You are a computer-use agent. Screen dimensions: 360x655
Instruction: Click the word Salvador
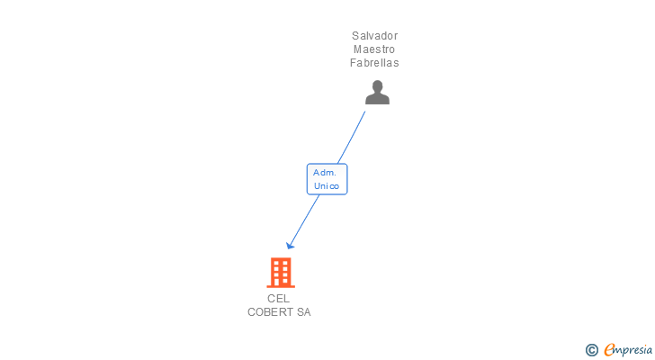click(374, 36)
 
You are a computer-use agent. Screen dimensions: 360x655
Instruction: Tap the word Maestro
click(374, 49)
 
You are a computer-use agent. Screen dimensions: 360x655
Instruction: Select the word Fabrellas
click(374, 63)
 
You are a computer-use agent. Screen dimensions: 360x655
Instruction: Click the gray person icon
click(377, 92)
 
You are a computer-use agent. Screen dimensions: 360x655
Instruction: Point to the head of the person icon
click(377, 86)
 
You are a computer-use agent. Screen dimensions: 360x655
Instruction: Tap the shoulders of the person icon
click(377, 99)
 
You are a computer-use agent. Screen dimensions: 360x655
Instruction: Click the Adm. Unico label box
click(327, 179)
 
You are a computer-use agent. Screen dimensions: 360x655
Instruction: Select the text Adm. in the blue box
click(325, 172)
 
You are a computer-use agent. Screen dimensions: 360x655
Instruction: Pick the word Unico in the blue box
click(327, 186)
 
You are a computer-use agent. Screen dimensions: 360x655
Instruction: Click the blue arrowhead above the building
click(290, 245)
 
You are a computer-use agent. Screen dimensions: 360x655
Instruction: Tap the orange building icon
click(281, 272)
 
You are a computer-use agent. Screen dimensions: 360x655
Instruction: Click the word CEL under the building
click(279, 299)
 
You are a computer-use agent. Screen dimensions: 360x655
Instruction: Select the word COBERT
click(271, 312)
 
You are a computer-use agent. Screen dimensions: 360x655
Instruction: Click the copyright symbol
click(592, 350)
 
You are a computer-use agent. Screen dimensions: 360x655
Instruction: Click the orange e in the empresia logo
click(609, 350)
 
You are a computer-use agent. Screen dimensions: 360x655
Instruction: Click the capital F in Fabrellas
click(354, 63)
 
